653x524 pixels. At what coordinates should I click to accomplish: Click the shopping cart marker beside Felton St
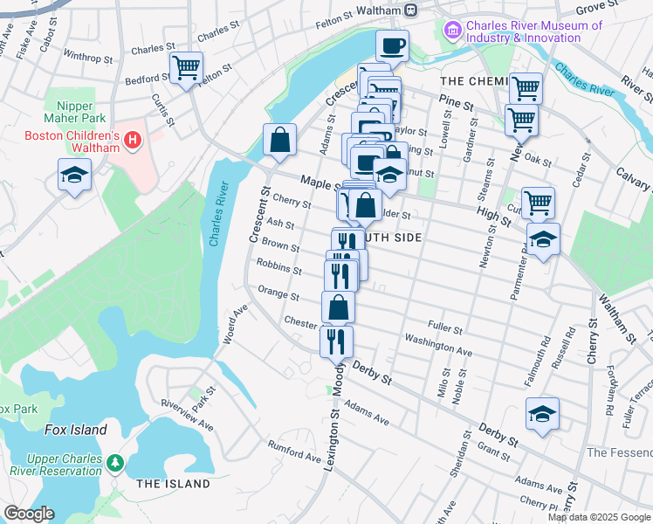186,68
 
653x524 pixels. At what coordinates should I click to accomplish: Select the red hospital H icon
133,139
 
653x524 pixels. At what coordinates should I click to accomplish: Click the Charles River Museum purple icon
452,31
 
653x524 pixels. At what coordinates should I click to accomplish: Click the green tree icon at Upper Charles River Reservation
114,462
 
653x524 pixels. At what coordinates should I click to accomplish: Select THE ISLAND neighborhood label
173,484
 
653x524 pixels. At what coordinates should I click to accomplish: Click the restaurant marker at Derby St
336,340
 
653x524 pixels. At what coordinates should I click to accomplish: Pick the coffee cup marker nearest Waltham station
392,45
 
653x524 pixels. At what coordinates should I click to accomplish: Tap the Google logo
29,513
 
